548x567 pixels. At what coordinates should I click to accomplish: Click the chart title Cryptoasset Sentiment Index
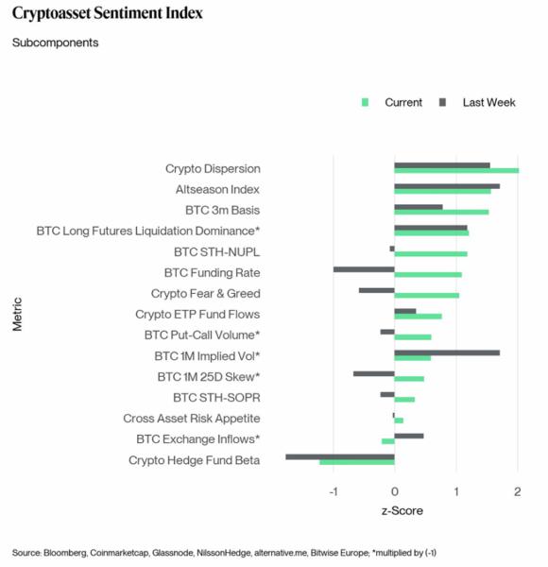pos(107,14)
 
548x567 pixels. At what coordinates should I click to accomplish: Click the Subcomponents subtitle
pos(55,43)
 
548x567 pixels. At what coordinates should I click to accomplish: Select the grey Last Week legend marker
pos(443,102)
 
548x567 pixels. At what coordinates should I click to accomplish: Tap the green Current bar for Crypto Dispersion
pos(456,171)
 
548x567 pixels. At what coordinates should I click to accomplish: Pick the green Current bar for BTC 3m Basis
pos(441,213)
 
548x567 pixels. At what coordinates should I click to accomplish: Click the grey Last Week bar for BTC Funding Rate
pos(364,269)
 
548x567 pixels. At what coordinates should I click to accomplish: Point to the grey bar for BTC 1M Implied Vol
pos(447,352)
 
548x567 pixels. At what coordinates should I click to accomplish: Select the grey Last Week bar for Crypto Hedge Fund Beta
pos(340,456)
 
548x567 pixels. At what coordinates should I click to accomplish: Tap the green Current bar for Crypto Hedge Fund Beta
pos(357,462)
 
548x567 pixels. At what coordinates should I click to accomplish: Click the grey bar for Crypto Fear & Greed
pos(377,290)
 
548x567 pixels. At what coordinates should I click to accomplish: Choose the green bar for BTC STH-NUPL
pos(431,254)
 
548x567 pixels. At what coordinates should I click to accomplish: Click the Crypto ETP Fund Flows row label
pos(197,315)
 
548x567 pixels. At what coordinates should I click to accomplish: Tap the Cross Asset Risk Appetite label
pos(192,419)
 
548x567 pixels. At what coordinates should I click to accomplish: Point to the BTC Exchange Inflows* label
pos(198,439)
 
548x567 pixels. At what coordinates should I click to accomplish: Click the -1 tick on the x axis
pos(333,491)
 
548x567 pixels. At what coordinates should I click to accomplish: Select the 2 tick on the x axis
pos(517,491)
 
